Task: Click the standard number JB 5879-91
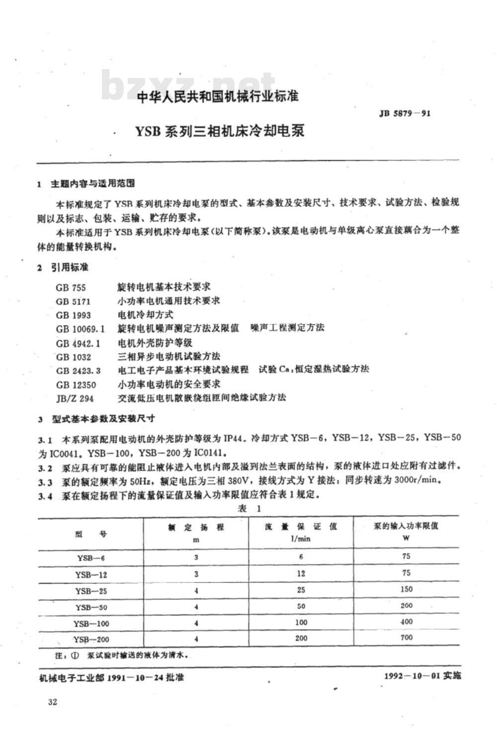(x=405, y=113)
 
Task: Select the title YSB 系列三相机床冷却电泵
(x=219, y=131)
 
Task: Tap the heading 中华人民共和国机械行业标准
(x=218, y=96)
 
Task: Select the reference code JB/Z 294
(x=75, y=398)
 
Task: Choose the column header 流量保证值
(x=301, y=527)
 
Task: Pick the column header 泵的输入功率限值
(x=406, y=526)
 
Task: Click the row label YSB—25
(x=91, y=591)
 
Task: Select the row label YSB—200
(x=91, y=640)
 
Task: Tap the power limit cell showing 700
(x=406, y=638)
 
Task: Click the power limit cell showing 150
(x=406, y=589)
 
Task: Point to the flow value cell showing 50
(x=301, y=607)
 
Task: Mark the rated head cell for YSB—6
(x=196, y=558)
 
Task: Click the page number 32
(x=52, y=702)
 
